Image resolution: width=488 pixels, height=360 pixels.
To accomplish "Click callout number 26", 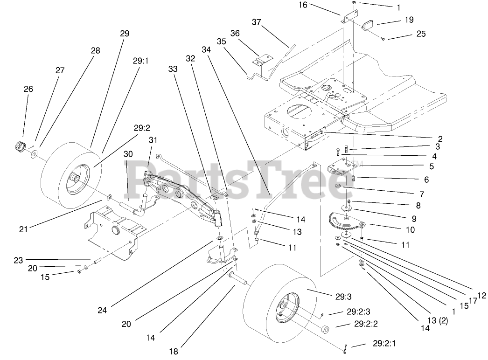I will (28, 89).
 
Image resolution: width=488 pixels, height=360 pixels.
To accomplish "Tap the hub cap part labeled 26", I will (19, 146).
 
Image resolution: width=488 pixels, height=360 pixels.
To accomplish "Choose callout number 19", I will (409, 20).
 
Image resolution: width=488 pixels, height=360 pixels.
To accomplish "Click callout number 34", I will (207, 49).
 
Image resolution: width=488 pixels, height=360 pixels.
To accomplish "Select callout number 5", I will (432, 166).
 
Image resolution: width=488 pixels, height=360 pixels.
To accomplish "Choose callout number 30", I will (128, 153).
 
